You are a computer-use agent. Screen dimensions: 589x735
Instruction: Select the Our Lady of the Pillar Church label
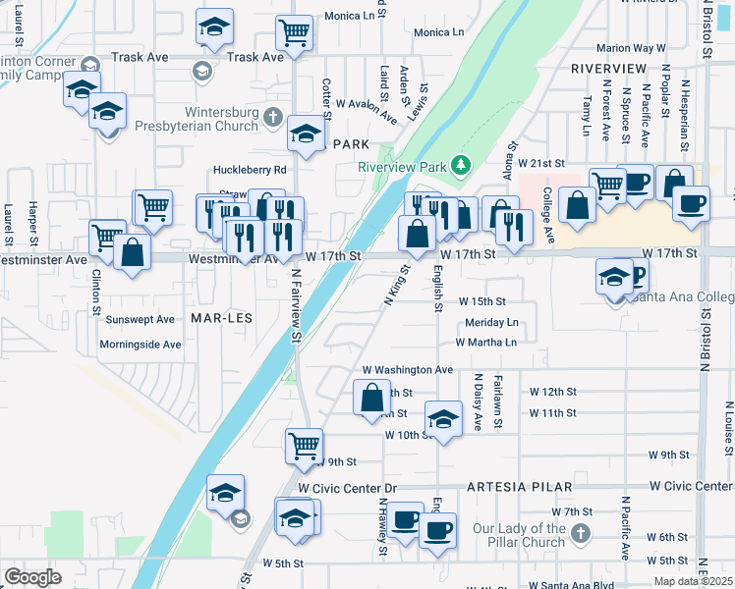pyautogui.click(x=518, y=535)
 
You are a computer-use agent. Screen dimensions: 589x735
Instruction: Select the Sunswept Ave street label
pyautogui.click(x=140, y=319)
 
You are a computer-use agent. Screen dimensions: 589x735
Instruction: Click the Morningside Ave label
pyautogui.click(x=141, y=345)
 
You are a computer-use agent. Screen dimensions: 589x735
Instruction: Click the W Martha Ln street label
pyautogui.click(x=485, y=343)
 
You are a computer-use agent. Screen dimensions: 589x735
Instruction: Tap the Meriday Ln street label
pyautogui.click(x=491, y=322)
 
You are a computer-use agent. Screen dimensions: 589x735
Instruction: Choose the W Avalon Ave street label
pyautogui.click(x=367, y=109)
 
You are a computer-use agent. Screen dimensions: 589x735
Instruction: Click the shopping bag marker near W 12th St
pyautogui.click(x=371, y=398)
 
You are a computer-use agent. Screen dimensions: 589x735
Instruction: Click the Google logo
pyautogui.click(x=33, y=576)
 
